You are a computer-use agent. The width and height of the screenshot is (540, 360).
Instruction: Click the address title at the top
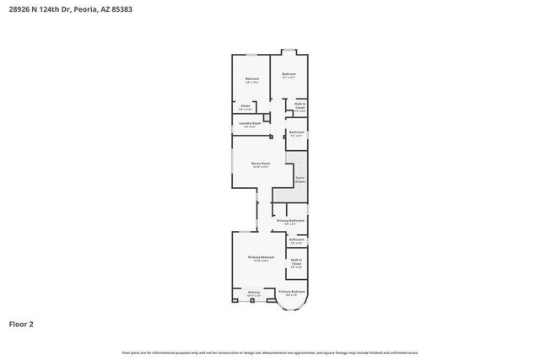[70, 10]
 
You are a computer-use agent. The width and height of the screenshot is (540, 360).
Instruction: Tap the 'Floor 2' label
[21, 323]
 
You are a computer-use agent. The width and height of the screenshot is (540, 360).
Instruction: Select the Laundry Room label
[250, 124]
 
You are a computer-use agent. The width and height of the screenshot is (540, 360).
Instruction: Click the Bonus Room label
[261, 164]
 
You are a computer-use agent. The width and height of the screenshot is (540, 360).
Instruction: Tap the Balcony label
[254, 293]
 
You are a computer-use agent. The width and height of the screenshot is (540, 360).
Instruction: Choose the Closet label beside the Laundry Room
[245, 106]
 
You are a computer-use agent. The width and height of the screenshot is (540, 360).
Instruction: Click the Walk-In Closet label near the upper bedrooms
[300, 107]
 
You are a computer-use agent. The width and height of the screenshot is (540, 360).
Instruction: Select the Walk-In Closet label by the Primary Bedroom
[296, 262]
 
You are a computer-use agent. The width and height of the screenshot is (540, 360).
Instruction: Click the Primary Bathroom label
[290, 221]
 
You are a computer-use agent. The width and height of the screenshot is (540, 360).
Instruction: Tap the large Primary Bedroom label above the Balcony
[261, 258]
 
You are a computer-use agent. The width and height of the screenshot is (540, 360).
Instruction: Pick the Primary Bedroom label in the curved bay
[291, 293]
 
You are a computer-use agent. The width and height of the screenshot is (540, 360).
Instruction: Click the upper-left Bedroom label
[251, 79]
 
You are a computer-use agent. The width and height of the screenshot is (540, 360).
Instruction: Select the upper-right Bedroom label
[289, 75]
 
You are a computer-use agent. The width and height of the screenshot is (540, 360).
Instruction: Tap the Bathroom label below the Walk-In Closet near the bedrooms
[296, 132]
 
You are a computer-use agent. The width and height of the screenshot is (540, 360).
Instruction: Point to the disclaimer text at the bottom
[270, 352]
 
